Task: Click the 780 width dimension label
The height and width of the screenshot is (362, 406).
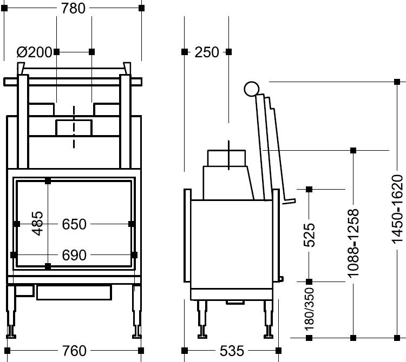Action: coord(73,8)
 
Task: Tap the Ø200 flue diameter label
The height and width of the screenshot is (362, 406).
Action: coord(35,52)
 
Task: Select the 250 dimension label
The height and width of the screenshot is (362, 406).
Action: coord(207,52)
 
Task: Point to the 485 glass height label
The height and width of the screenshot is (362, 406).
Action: coord(38,224)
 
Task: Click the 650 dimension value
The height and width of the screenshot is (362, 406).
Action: coord(74,224)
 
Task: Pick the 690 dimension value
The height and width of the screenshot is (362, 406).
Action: coord(74,255)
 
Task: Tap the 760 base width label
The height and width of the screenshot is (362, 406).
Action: coord(74,351)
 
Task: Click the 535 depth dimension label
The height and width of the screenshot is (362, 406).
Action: coord(232,351)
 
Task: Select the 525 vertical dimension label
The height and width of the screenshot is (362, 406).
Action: coord(309,235)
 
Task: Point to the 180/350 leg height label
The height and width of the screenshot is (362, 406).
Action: coord(309,309)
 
